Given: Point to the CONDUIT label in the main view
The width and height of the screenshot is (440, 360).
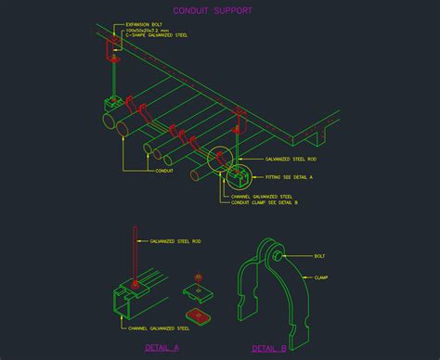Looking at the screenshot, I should (164, 170).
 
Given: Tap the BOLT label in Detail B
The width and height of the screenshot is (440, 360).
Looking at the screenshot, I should (318, 256).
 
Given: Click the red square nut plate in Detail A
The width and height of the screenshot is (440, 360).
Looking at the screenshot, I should (201, 314).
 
